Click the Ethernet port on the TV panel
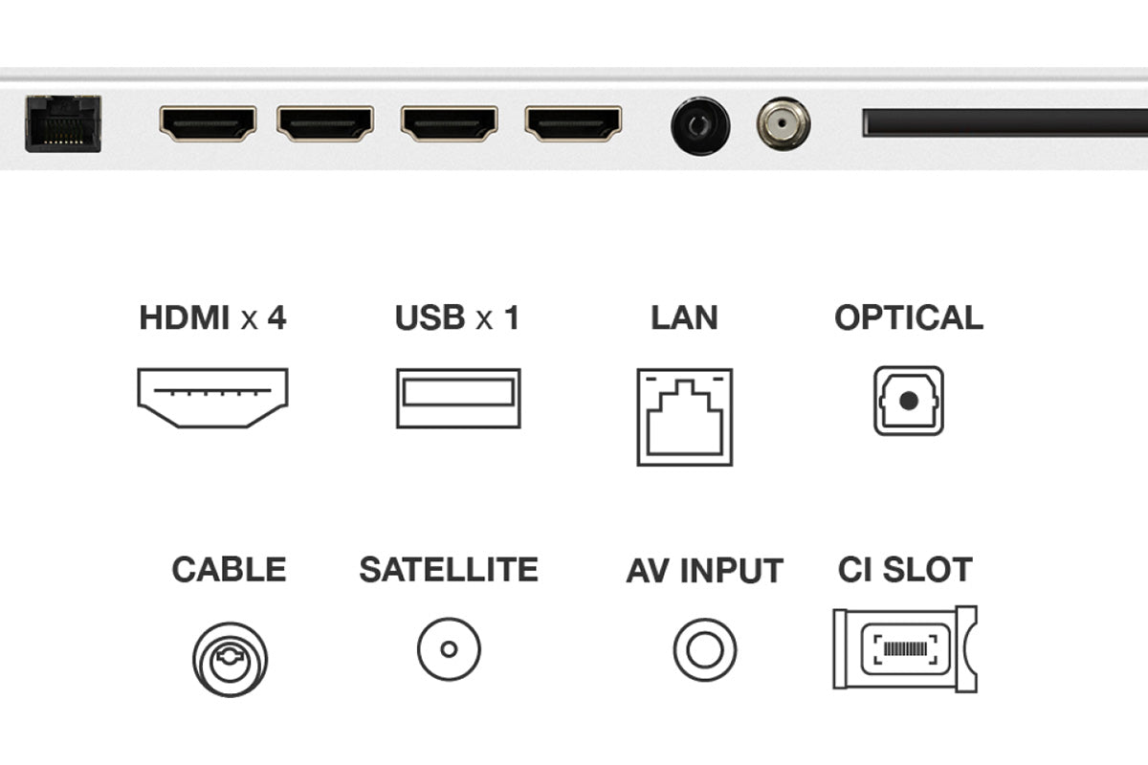click(63, 123)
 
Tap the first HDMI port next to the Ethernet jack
click(208, 123)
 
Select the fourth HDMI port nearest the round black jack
click(573, 123)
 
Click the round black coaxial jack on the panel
click(700, 125)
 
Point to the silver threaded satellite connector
click(784, 124)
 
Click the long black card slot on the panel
click(1005, 122)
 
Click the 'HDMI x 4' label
click(212, 317)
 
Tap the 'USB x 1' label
click(457, 317)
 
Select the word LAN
click(685, 317)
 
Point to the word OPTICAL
click(909, 317)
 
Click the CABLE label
click(229, 569)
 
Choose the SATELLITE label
click(449, 569)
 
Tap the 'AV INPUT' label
click(705, 570)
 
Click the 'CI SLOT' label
click(905, 569)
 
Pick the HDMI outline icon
click(212, 398)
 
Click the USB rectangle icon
click(458, 398)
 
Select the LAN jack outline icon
click(685, 417)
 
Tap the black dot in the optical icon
click(909, 401)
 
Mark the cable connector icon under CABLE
click(231, 660)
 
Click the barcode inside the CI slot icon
click(905, 649)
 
